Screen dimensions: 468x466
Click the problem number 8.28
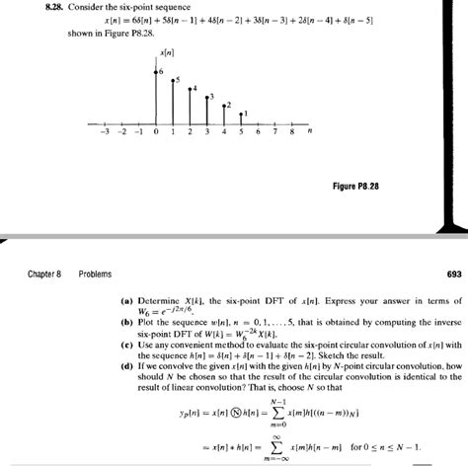(x=30, y=7)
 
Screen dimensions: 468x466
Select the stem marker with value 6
(x=157, y=70)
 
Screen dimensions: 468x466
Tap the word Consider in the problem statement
(x=72, y=7)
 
